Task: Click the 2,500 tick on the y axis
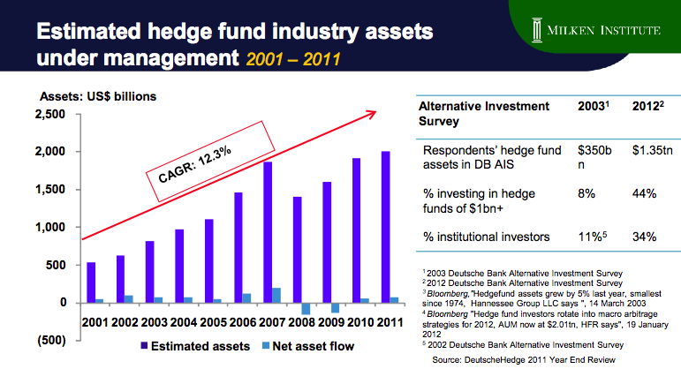[51, 114]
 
